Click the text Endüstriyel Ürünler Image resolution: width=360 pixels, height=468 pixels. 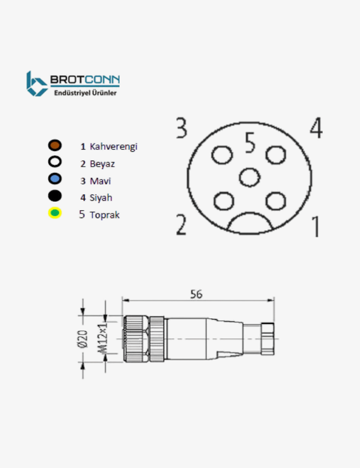click(85, 93)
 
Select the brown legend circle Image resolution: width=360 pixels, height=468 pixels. click(54, 146)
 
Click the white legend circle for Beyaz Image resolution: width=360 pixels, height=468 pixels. click(54, 162)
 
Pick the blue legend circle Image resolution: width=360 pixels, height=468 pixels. click(54, 179)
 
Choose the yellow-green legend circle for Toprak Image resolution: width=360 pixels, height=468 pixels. click(54, 213)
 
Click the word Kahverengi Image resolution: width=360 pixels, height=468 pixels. click(113, 147)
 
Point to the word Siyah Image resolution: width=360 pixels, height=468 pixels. click(101, 198)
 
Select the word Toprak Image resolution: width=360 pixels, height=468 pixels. click(105, 215)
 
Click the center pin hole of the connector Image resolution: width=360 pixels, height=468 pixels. click(249, 177)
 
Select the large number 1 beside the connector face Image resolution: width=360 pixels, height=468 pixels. click(315, 226)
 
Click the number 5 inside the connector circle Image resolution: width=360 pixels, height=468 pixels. click(250, 143)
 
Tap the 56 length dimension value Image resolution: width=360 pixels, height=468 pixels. click(196, 294)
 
